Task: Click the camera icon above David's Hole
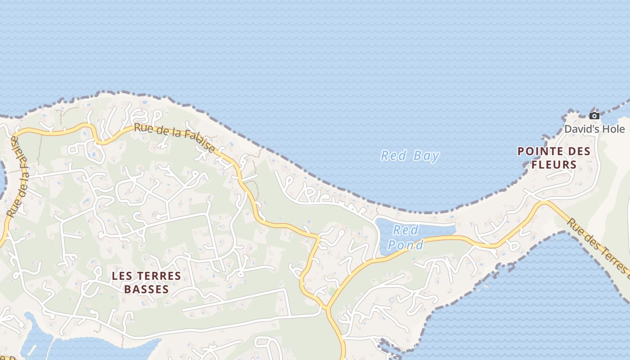594,116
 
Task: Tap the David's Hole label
594,129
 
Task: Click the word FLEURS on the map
554,165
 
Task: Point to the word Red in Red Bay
390,156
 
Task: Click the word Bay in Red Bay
426,156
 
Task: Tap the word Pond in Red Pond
405,245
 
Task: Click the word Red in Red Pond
405,230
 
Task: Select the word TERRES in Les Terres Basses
155,276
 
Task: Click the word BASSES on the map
146,289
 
